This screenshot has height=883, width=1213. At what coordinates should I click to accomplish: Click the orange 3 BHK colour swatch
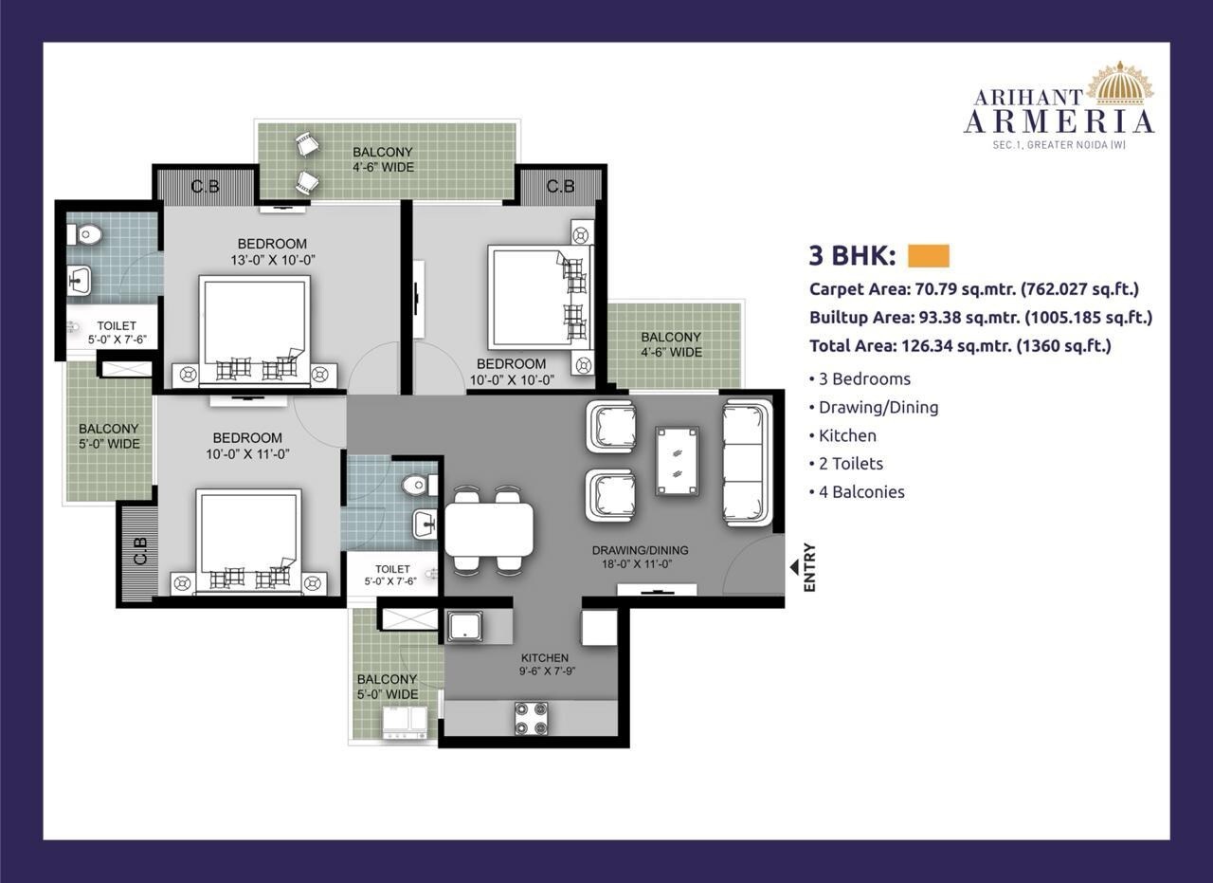pyautogui.click(x=928, y=256)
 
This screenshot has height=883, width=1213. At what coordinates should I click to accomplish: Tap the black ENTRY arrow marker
pyautogui.click(x=794, y=567)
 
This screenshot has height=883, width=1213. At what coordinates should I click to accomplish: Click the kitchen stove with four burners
pyautogui.click(x=531, y=717)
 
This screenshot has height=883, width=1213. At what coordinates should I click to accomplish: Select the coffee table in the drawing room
pyautogui.click(x=679, y=461)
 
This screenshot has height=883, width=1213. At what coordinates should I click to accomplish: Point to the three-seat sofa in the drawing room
pyautogui.click(x=747, y=462)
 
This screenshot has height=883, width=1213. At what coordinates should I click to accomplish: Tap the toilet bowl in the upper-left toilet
pyautogui.click(x=87, y=232)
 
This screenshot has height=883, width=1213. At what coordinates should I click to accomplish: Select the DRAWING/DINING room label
pyautogui.click(x=640, y=557)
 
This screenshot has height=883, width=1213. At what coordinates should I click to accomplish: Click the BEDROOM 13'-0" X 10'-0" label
pyautogui.click(x=272, y=250)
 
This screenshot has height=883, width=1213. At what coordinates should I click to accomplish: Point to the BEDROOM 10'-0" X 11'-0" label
pyautogui.click(x=247, y=446)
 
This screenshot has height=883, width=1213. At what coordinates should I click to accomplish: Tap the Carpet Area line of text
pyautogui.click(x=973, y=289)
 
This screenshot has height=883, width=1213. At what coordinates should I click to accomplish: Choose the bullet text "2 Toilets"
pyautogui.click(x=850, y=463)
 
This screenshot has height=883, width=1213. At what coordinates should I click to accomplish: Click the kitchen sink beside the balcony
pyautogui.click(x=465, y=626)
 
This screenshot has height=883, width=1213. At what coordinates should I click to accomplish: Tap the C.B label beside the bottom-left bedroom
pyautogui.click(x=140, y=553)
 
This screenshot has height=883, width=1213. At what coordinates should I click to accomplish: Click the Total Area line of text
pyautogui.click(x=959, y=346)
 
